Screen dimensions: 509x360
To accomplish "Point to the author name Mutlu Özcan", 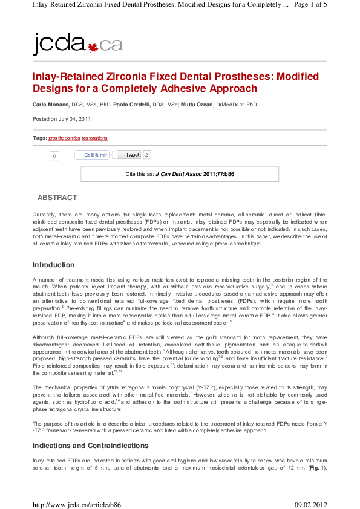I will pyautogui.click(x=197, y=105).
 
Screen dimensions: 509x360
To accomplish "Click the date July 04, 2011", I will pyautogui.click(x=74, y=119).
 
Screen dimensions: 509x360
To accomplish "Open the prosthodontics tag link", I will pyautogui.click(x=64, y=138).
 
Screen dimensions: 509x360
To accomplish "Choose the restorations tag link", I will pyautogui.click(x=94, y=138).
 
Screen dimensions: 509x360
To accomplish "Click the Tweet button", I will pyautogui.click(x=129, y=155).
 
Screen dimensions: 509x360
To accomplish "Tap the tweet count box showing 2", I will pyautogui.click(x=147, y=155).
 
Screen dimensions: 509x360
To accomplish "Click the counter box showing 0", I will pyautogui.click(x=54, y=156).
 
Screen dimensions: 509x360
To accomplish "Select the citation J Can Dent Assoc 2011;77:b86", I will pyautogui.click(x=195, y=173).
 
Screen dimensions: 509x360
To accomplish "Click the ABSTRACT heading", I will pyautogui.click(x=57, y=198).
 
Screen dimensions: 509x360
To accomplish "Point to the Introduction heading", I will pyautogui.click(x=53, y=265).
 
